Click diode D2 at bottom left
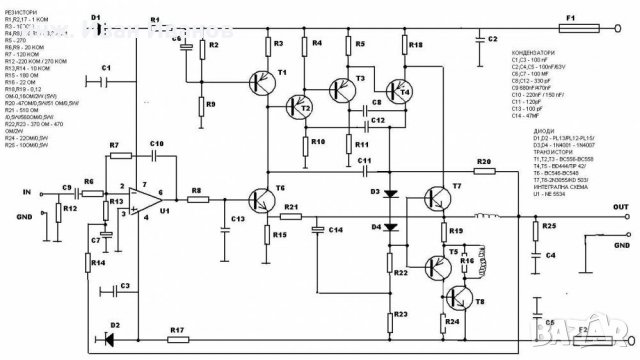tap(116, 338)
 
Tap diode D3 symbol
tap(392, 190)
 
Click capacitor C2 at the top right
tap(476, 40)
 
